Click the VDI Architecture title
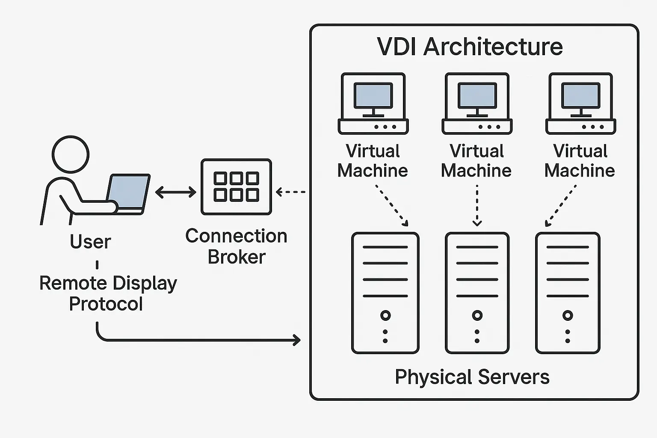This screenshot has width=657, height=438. pyautogui.click(x=470, y=47)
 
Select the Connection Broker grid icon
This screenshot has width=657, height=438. pyautogui.click(x=236, y=187)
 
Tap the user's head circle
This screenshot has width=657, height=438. pyautogui.click(x=71, y=154)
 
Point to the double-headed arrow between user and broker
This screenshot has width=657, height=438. pyautogui.click(x=175, y=192)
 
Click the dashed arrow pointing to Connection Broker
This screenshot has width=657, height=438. pyautogui.click(x=291, y=192)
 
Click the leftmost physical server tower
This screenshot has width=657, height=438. pyautogui.click(x=385, y=293)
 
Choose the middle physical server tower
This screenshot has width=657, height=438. pyautogui.click(x=477, y=293)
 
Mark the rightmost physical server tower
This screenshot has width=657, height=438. pyautogui.click(x=568, y=293)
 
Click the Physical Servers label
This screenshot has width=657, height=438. pyautogui.click(x=472, y=377)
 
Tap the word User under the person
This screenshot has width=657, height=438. pyautogui.click(x=90, y=242)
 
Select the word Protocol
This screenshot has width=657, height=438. pyautogui.click(x=106, y=304)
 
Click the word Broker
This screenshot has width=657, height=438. pyautogui.click(x=237, y=257)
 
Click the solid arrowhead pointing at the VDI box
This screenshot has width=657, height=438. pyautogui.click(x=296, y=340)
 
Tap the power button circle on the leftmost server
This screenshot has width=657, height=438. pyautogui.click(x=385, y=316)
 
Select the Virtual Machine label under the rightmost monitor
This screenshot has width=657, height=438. pyautogui.click(x=580, y=161)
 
